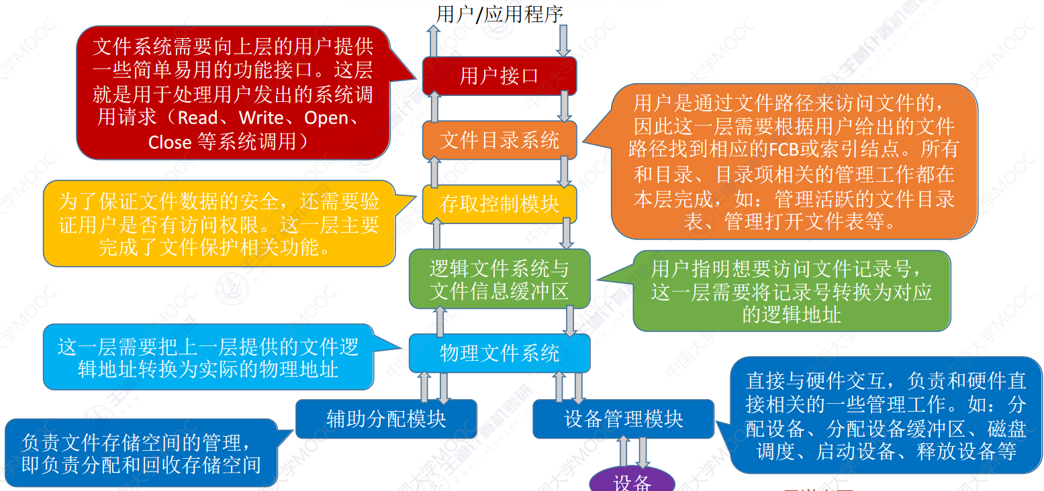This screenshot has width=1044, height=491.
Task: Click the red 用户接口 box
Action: coord(499,76)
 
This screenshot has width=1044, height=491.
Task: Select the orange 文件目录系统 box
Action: coord(499,140)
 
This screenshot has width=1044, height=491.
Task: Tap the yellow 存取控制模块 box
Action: coord(499,204)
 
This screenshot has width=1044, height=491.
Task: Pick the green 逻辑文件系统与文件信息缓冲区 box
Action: coord(499,280)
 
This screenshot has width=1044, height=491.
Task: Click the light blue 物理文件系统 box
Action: coord(499,353)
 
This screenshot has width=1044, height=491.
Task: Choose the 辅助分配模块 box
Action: coord(386,419)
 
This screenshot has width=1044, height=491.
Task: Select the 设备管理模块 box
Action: coord(623,419)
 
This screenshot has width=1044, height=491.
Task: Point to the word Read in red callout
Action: coord(198,118)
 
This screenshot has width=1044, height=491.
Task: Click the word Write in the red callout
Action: coord(261,118)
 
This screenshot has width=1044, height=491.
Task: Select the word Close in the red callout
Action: coord(170,142)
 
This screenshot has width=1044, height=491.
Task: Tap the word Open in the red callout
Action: coord(326,118)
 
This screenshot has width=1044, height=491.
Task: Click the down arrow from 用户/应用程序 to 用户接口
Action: coord(563,41)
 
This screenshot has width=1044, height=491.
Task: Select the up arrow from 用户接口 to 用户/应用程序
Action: coord(434,41)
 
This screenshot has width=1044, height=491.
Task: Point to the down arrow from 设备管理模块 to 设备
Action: coord(643,453)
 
